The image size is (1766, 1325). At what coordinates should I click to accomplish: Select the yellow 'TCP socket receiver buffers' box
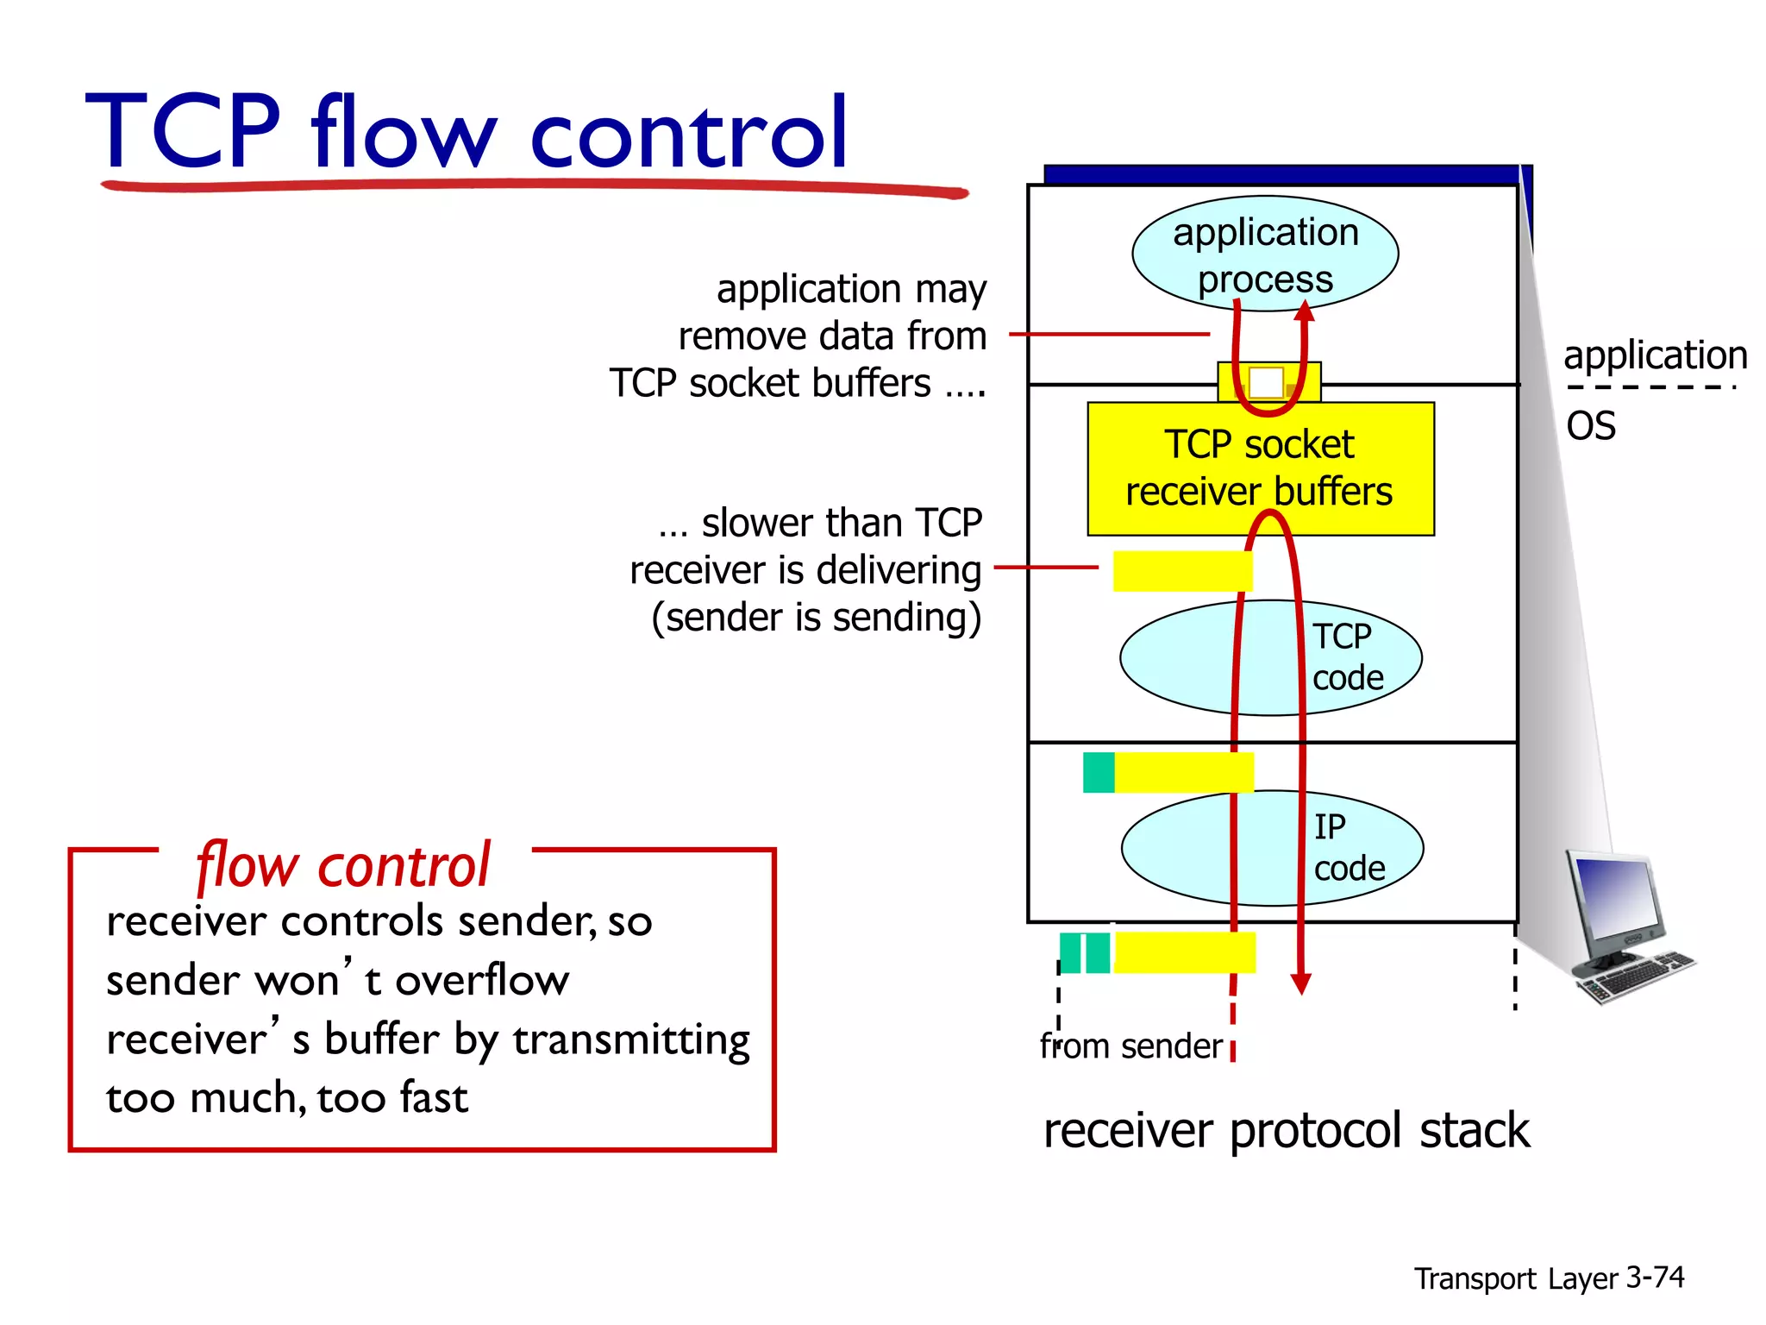[x=1260, y=468]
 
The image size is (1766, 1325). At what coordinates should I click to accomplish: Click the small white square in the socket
[x=1266, y=382]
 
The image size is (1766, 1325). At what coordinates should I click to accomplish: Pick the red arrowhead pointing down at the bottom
[x=1300, y=983]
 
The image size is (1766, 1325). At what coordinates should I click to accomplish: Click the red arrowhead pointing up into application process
[x=1305, y=311]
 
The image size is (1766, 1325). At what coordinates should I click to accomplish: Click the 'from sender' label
[x=1130, y=1046]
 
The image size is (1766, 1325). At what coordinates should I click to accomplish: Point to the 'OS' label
[x=1590, y=426]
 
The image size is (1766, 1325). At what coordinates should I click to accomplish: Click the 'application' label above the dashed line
[x=1655, y=355]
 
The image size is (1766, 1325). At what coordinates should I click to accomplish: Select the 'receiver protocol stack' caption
[x=1286, y=1131]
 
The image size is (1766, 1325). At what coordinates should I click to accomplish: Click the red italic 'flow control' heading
[x=343, y=865]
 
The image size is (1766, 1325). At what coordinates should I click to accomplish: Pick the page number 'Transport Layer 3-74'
[x=1548, y=1278]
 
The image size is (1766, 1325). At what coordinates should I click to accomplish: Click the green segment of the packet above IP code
[x=1098, y=772]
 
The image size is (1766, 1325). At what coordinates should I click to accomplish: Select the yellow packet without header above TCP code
[x=1181, y=571]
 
